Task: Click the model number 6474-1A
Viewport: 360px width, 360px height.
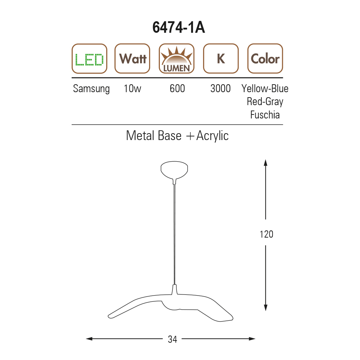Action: click(179, 27)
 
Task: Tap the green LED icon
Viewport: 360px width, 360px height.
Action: click(89, 59)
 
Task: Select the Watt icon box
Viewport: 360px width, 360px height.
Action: click(132, 59)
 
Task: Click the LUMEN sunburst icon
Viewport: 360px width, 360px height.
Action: click(176, 59)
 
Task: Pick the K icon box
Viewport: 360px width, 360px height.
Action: click(221, 59)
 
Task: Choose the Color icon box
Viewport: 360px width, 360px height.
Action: click(265, 59)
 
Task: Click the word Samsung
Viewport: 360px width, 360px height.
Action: click(91, 89)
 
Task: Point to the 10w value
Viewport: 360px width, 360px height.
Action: click(132, 89)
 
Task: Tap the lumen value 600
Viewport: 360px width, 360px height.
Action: click(177, 89)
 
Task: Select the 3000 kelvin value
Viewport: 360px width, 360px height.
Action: click(220, 89)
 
